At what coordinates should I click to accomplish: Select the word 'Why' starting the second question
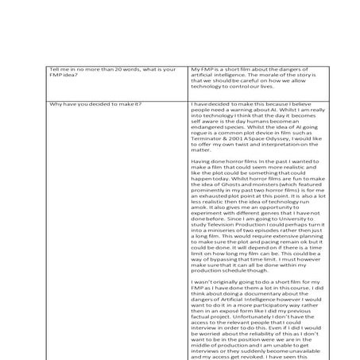click(x=55, y=104)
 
